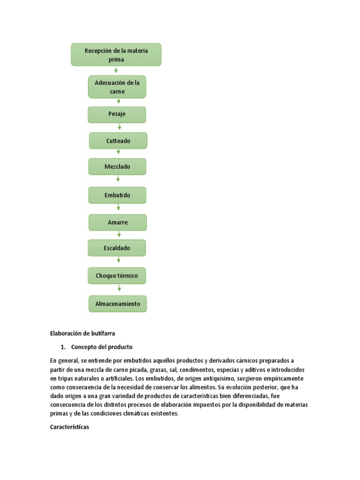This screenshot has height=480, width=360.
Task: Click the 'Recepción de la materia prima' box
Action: click(116, 55)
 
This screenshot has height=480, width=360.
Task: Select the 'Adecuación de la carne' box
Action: click(117, 87)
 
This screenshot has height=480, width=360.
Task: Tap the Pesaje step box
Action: click(117, 114)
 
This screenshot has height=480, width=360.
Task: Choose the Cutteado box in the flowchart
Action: click(118, 141)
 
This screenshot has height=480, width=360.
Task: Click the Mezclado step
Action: click(117, 166)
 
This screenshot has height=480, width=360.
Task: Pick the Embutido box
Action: click(117, 195)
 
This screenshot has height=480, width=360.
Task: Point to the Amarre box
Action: click(118, 222)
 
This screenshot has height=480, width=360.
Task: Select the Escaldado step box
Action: click(117, 248)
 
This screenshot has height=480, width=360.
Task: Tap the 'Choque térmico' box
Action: click(117, 276)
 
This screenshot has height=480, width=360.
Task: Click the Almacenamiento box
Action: click(118, 304)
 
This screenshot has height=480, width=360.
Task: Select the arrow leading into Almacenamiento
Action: click(117, 289)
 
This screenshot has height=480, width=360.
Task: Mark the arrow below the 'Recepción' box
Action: click(116, 70)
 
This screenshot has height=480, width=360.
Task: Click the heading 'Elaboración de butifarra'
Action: click(82, 333)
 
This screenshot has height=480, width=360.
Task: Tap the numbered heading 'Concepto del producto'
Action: click(102, 347)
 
